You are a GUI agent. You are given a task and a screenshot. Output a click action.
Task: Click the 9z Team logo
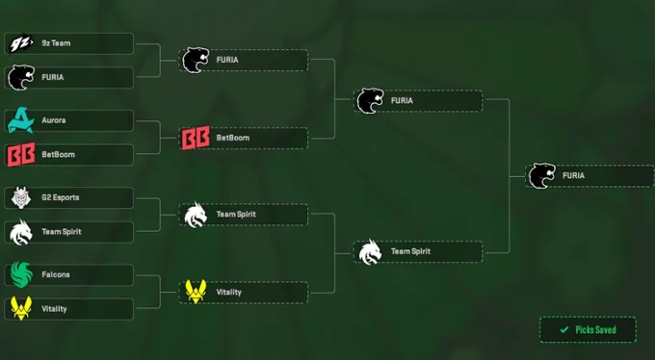21,44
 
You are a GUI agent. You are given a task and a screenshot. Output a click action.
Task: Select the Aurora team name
54,120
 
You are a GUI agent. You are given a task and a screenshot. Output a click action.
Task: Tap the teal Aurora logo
21,120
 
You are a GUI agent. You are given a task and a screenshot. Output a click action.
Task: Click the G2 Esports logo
21,197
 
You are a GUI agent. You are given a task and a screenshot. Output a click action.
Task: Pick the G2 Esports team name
60,197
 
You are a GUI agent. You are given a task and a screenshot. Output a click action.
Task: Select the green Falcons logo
21,274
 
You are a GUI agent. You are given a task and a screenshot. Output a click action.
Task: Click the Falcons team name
56,274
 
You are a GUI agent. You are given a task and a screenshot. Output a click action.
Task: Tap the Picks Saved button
588,330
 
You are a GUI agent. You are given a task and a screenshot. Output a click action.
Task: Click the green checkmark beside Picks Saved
564,330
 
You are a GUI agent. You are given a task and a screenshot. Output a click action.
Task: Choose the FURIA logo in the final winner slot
541,176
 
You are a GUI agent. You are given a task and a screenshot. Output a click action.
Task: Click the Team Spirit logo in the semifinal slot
370,252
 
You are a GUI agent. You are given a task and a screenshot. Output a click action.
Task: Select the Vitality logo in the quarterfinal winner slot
196,292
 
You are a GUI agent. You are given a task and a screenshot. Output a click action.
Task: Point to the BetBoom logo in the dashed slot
196,138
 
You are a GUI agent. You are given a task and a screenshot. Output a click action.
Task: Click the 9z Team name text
56,43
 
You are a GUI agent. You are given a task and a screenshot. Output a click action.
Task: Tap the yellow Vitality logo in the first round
21,309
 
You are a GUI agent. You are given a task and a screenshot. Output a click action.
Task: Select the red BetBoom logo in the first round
21,155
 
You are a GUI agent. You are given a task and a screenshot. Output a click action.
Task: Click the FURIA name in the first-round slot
53,77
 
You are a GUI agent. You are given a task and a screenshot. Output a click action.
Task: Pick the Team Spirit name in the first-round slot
62,232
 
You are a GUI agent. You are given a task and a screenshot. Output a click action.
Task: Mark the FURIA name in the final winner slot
573,176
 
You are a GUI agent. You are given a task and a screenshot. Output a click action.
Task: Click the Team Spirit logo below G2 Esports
21,233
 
